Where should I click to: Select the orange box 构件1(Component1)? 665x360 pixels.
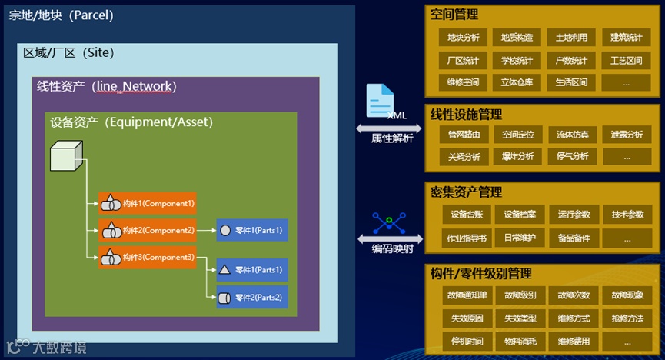pyautogui.click(x=148, y=204)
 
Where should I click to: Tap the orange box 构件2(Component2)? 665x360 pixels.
pyautogui.click(x=148, y=230)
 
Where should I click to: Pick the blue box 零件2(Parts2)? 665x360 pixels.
pyautogui.click(x=252, y=298)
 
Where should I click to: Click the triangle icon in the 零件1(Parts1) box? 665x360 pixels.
pyautogui.click(x=224, y=270)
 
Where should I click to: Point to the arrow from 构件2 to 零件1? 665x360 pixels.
pyautogui.click(x=206, y=230)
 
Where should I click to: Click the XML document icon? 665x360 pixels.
pyautogui.click(x=381, y=101)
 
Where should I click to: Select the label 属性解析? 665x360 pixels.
pyautogui.click(x=392, y=138)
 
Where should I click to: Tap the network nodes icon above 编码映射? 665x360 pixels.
pyautogui.click(x=390, y=223)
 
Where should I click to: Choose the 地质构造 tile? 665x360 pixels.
pyautogui.click(x=517, y=37)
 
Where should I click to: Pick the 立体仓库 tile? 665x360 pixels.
pyautogui.click(x=517, y=82)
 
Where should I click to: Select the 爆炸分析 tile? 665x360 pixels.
pyautogui.click(x=517, y=156)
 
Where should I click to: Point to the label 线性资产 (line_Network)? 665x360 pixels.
pyautogui.click(x=106, y=87)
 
